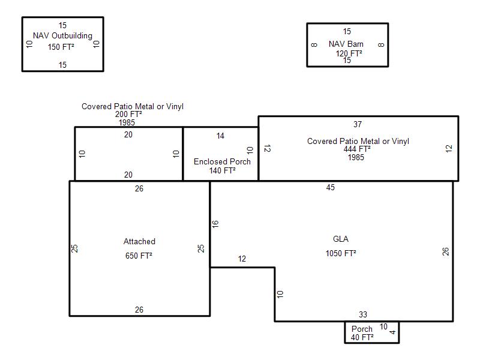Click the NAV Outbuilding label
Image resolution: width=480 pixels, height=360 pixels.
point(62,36)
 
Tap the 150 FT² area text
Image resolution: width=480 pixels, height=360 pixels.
point(61,47)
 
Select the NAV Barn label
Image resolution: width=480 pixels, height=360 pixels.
point(346,44)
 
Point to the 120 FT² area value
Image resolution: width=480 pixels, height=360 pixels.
point(349,53)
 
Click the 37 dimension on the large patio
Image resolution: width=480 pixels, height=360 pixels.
point(358,124)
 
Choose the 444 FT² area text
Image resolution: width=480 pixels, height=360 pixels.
point(357,149)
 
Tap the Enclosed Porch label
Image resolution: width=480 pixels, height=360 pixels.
point(222,161)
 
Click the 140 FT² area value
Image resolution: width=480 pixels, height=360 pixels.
point(222,170)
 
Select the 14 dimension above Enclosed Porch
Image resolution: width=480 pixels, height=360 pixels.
point(220,136)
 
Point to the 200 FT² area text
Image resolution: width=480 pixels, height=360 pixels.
point(128,114)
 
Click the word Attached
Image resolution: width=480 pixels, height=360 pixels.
point(139,242)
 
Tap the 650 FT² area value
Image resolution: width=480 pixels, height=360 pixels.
point(139,256)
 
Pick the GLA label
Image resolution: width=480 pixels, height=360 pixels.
point(341,239)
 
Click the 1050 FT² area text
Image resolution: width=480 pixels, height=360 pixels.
point(341,253)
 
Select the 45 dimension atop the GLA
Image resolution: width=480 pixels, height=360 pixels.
point(331,187)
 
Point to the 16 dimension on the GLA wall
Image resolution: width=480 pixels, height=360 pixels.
point(215,224)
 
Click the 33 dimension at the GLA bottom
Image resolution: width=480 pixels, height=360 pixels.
point(363,314)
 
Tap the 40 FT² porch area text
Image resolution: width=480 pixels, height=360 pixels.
point(362,337)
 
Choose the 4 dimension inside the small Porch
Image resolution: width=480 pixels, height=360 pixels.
point(392,332)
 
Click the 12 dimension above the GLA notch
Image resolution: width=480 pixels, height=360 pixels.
point(242,259)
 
